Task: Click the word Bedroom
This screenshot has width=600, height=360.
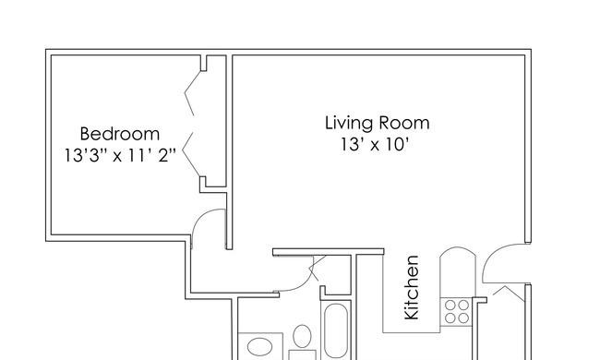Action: (120, 134)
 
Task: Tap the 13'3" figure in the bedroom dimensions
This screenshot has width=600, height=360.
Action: (82, 155)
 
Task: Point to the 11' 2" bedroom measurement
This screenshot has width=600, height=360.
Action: (151, 155)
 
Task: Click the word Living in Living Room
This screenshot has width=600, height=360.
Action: (349, 124)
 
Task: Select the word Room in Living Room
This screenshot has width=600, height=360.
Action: (404, 123)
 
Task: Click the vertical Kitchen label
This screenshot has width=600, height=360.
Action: (412, 287)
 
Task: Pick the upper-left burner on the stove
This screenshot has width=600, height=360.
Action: (450, 306)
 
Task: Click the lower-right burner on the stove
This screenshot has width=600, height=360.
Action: (463, 318)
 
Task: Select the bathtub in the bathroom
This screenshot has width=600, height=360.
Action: (336, 331)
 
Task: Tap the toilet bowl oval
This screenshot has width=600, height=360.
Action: (302, 336)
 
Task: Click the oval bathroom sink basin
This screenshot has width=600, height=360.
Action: (259, 347)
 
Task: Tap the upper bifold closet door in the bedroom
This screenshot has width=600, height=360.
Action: (192, 92)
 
